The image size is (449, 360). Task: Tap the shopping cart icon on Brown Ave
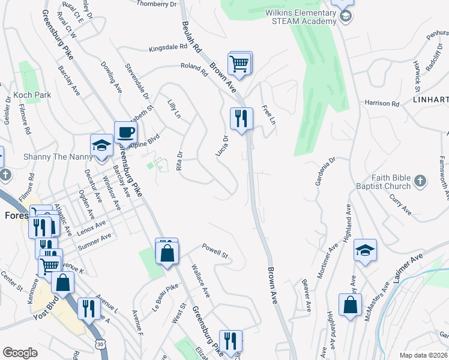[240, 63]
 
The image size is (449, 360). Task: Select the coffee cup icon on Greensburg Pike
[125, 132]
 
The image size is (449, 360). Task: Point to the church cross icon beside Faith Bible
[421, 181]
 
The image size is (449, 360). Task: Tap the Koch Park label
[34, 95]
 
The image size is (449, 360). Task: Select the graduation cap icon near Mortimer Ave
[365, 250]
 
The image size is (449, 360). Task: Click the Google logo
[20, 353]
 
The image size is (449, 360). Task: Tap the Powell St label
[215, 251]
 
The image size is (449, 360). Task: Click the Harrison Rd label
[382, 104]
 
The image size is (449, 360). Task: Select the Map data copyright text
[423, 355]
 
